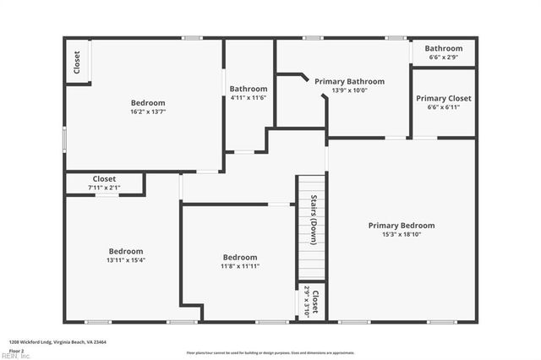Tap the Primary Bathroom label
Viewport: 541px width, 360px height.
(349, 82)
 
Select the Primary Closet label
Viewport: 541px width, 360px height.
(443, 99)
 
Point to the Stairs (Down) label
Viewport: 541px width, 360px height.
(313, 221)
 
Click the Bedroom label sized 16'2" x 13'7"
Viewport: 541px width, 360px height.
(148, 102)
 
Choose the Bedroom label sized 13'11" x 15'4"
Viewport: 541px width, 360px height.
(125, 251)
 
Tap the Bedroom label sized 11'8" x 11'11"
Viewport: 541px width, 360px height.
(240, 257)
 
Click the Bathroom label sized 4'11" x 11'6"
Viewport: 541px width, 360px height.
(249, 89)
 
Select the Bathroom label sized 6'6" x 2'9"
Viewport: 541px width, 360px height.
(443, 48)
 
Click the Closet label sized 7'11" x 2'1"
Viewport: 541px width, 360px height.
(104, 178)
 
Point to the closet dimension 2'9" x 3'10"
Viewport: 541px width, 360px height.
(307, 300)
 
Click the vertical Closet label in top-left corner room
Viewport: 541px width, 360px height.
(77, 63)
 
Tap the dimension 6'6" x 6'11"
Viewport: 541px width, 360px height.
(443, 108)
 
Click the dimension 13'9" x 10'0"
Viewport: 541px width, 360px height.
(349, 91)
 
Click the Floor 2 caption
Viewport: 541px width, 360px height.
(16, 349)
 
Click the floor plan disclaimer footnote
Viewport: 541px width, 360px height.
(270, 352)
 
